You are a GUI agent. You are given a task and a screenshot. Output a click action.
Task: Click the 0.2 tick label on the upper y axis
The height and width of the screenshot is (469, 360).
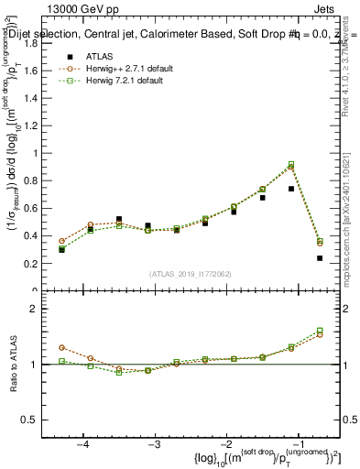tap(34, 264)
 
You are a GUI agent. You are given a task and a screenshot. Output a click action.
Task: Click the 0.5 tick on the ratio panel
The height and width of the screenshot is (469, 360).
tap(34, 420)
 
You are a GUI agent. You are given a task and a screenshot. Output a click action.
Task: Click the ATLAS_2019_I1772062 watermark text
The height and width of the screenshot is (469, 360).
tap(189, 273)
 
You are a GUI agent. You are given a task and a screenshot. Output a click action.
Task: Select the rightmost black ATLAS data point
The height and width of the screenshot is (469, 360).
tap(320, 258)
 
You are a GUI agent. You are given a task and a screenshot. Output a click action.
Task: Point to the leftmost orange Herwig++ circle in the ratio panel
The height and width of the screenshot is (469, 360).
tap(61, 348)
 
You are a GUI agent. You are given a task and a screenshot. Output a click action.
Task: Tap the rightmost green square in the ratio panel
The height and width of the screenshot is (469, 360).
tap(320, 330)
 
